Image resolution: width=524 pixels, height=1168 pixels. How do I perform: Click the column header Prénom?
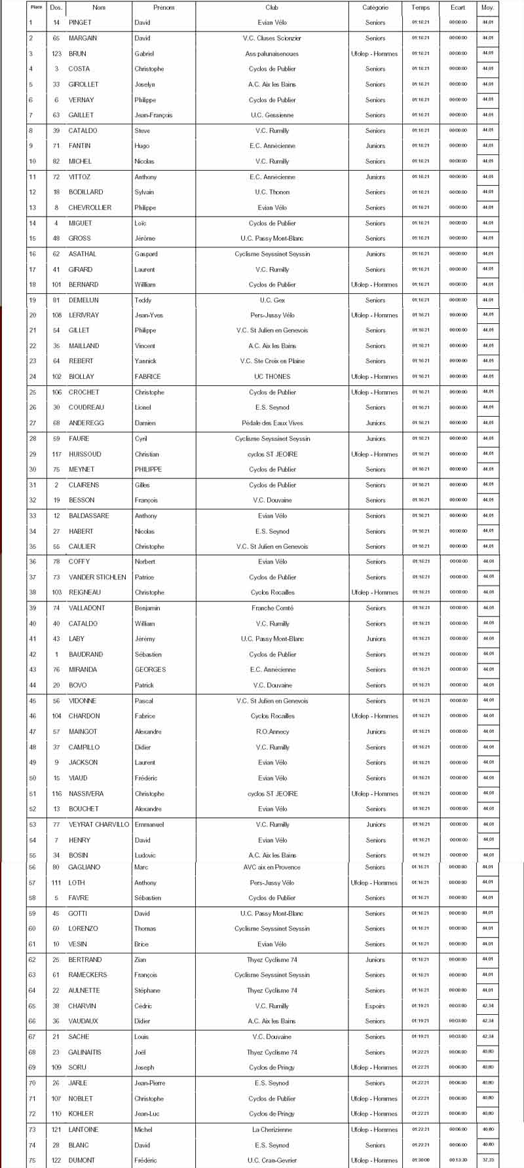coord(164,7)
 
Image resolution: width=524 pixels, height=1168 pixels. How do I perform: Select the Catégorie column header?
coord(375,7)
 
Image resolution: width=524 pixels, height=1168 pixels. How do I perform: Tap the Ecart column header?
coord(458,7)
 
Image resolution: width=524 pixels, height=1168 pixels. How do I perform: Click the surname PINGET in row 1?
coord(81,22)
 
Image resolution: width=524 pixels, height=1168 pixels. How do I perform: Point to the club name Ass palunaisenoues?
coord(272,54)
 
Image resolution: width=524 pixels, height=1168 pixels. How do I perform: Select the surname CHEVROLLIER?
coord(90,207)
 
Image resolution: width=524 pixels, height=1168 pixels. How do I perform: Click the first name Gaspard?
coord(146,254)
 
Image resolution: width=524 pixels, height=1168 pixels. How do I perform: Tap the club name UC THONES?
coord(272,377)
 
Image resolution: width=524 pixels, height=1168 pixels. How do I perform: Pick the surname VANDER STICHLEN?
coord(98,577)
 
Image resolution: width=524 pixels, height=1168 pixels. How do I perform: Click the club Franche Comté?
coord(272,608)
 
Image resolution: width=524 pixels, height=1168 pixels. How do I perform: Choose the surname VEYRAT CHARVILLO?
coord(99,824)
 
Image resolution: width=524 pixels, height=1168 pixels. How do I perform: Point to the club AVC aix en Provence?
coord(272,867)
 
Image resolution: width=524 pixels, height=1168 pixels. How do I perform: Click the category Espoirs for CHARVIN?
coord(375,1006)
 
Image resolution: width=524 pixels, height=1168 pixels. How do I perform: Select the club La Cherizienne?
coord(272,1129)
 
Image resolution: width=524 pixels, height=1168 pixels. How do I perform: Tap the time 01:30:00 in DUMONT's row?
coord(421,1160)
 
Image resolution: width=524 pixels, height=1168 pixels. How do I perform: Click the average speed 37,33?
coord(488,1160)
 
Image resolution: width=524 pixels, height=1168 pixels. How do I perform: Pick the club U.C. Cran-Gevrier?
coord(272,1160)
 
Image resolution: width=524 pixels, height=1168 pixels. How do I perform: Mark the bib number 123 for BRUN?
coord(57,54)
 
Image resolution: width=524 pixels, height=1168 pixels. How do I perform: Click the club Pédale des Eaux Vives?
coord(272,423)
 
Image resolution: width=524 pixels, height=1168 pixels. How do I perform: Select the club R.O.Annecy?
coord(272,732)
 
